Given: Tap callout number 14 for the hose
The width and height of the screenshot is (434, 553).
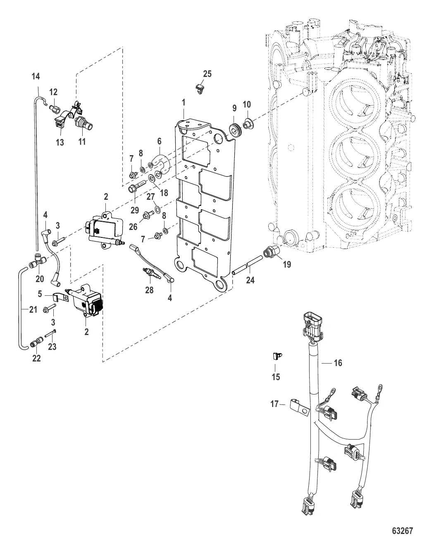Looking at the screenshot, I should pos(36,76).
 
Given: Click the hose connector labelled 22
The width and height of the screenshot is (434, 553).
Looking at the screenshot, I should pos(36,342).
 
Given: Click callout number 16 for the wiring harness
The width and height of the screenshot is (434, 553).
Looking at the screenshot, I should pos(338,363).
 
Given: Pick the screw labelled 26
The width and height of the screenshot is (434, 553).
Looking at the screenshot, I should pos(147,215).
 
